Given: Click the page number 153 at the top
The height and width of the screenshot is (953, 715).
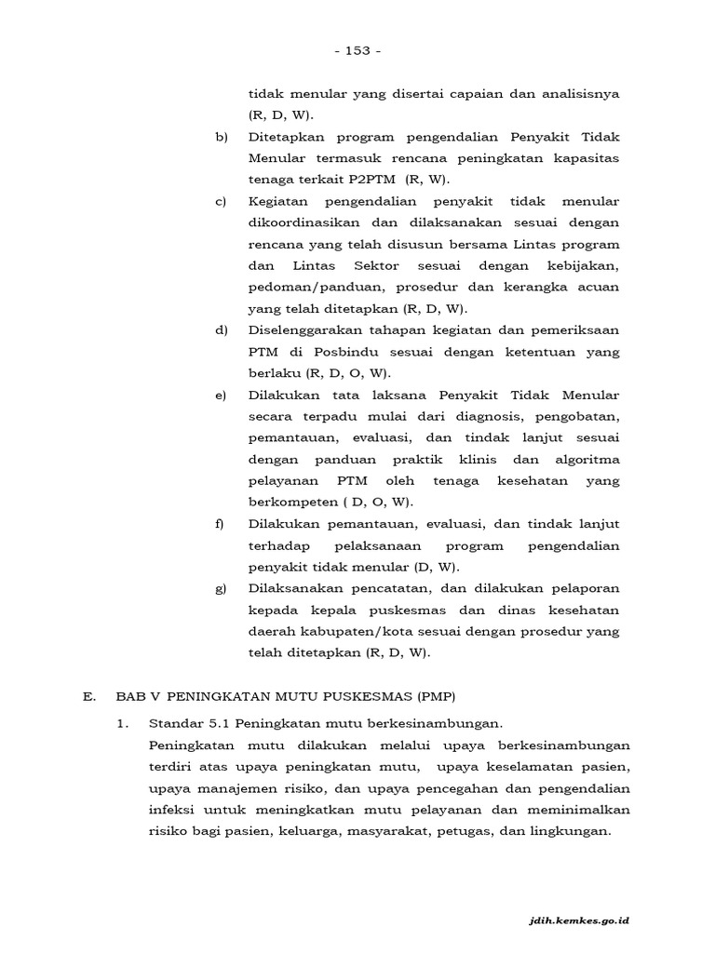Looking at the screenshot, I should point(357,50).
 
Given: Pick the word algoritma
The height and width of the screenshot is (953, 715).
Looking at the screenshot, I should point(587,460).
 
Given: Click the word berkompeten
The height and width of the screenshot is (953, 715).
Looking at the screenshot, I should point(290,503).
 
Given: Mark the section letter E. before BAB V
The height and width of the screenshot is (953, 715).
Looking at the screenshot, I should point(88,695).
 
